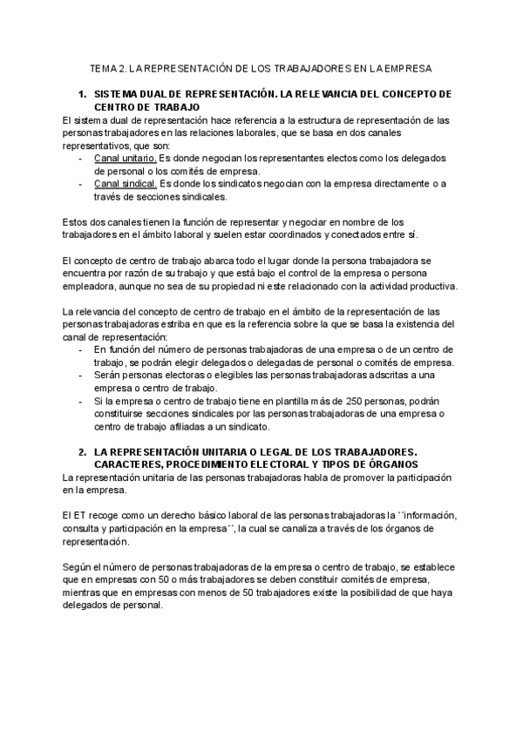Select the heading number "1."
click(x=83, y=94)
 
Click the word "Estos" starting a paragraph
click(x=78, y=222)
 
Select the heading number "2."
click(x=83, y=452)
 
